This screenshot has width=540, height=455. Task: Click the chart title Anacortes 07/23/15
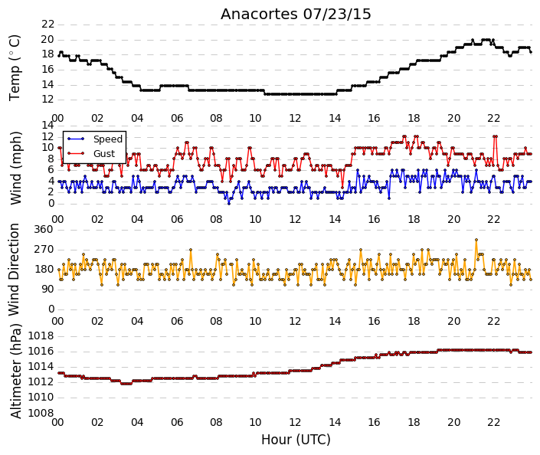tap(296, 15)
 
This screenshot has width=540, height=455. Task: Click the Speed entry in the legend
tap(108, 139)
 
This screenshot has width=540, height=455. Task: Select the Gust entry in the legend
tap(104, 154)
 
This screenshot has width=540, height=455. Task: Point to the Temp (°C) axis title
tap(15, 68)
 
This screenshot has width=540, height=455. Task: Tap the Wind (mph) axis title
tap(15, 168)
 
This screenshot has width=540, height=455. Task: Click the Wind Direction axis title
tap(14, 270)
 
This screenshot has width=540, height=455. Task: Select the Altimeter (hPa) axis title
tap(16, 371)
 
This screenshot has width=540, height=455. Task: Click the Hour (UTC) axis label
tap(296, 440)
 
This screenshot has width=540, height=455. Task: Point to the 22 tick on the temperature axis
tap(47, 24)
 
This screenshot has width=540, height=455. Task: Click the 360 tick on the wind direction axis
tap(44, 230)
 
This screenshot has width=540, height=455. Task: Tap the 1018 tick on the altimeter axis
tap(41, 336)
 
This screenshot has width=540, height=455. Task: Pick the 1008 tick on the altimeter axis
tap(41, 413)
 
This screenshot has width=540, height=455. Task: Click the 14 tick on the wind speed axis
tap(47, 125)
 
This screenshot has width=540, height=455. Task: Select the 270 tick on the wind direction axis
tap(44, 250)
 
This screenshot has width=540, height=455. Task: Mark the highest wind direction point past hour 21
tap(476, 240)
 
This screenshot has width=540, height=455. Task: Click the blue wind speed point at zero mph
tap(229, 204)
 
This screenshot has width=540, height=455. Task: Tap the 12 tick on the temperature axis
tap(47, 100)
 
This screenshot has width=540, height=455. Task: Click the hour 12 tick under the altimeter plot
tap(295, 422)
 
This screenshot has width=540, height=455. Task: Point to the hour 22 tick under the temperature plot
tap(493, 118)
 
